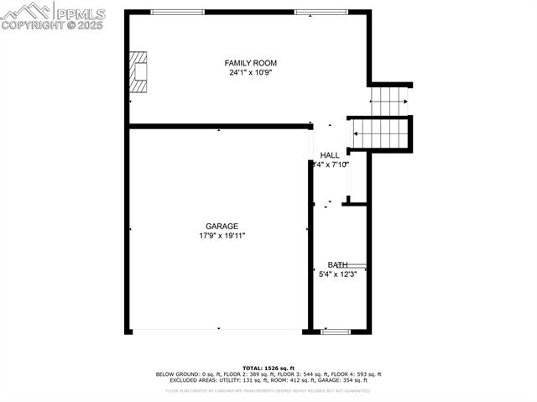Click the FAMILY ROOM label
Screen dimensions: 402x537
tap(250, 63)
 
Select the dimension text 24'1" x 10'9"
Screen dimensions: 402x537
tap(250, 73)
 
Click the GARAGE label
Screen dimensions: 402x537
tap(222, 226)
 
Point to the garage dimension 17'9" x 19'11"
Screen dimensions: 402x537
tap(222, 236)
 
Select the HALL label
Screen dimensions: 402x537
tap(330, 155)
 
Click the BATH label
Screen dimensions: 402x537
tap(337, 264)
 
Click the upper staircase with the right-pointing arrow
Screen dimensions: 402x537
tap(390, 102)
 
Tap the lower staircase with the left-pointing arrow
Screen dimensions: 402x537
tap(379, 133)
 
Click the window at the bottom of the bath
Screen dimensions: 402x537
tap(336, 332)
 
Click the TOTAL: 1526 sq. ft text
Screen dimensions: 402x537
tap(268, 368)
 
